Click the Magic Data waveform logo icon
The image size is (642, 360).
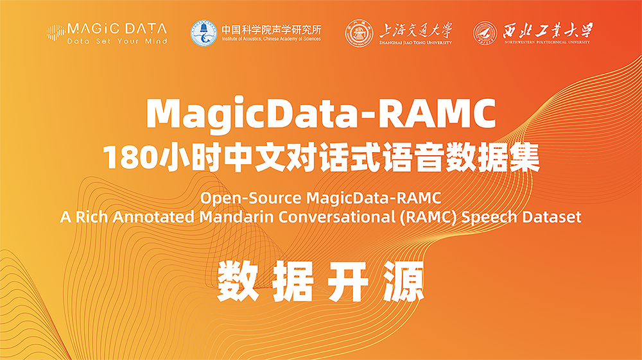[x=56, y=33]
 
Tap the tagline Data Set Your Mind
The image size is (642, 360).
[x=117, y=41]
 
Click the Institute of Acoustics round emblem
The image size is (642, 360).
[x=204, y=33]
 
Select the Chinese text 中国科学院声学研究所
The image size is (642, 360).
[x=272, y=30]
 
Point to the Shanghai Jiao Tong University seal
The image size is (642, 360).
[x=359, y=33]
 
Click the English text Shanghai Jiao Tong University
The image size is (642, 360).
[x=415, y=42]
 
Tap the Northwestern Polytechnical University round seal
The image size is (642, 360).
[x=485, y=33]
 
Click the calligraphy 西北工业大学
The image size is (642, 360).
[x=548, y=30]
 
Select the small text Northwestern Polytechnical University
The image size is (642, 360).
[x=547, y=42]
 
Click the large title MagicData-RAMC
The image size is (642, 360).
[x=321, y=114]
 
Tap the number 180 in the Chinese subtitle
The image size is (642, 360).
[x=130, y=157]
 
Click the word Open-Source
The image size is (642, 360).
[x=250, y=198]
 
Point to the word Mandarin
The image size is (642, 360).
[x=237, y=217]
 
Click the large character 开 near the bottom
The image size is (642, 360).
[x=348, y=282]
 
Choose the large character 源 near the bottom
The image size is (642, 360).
[x=404, y=282]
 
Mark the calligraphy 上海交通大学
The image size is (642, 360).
[x=415, y=30]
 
